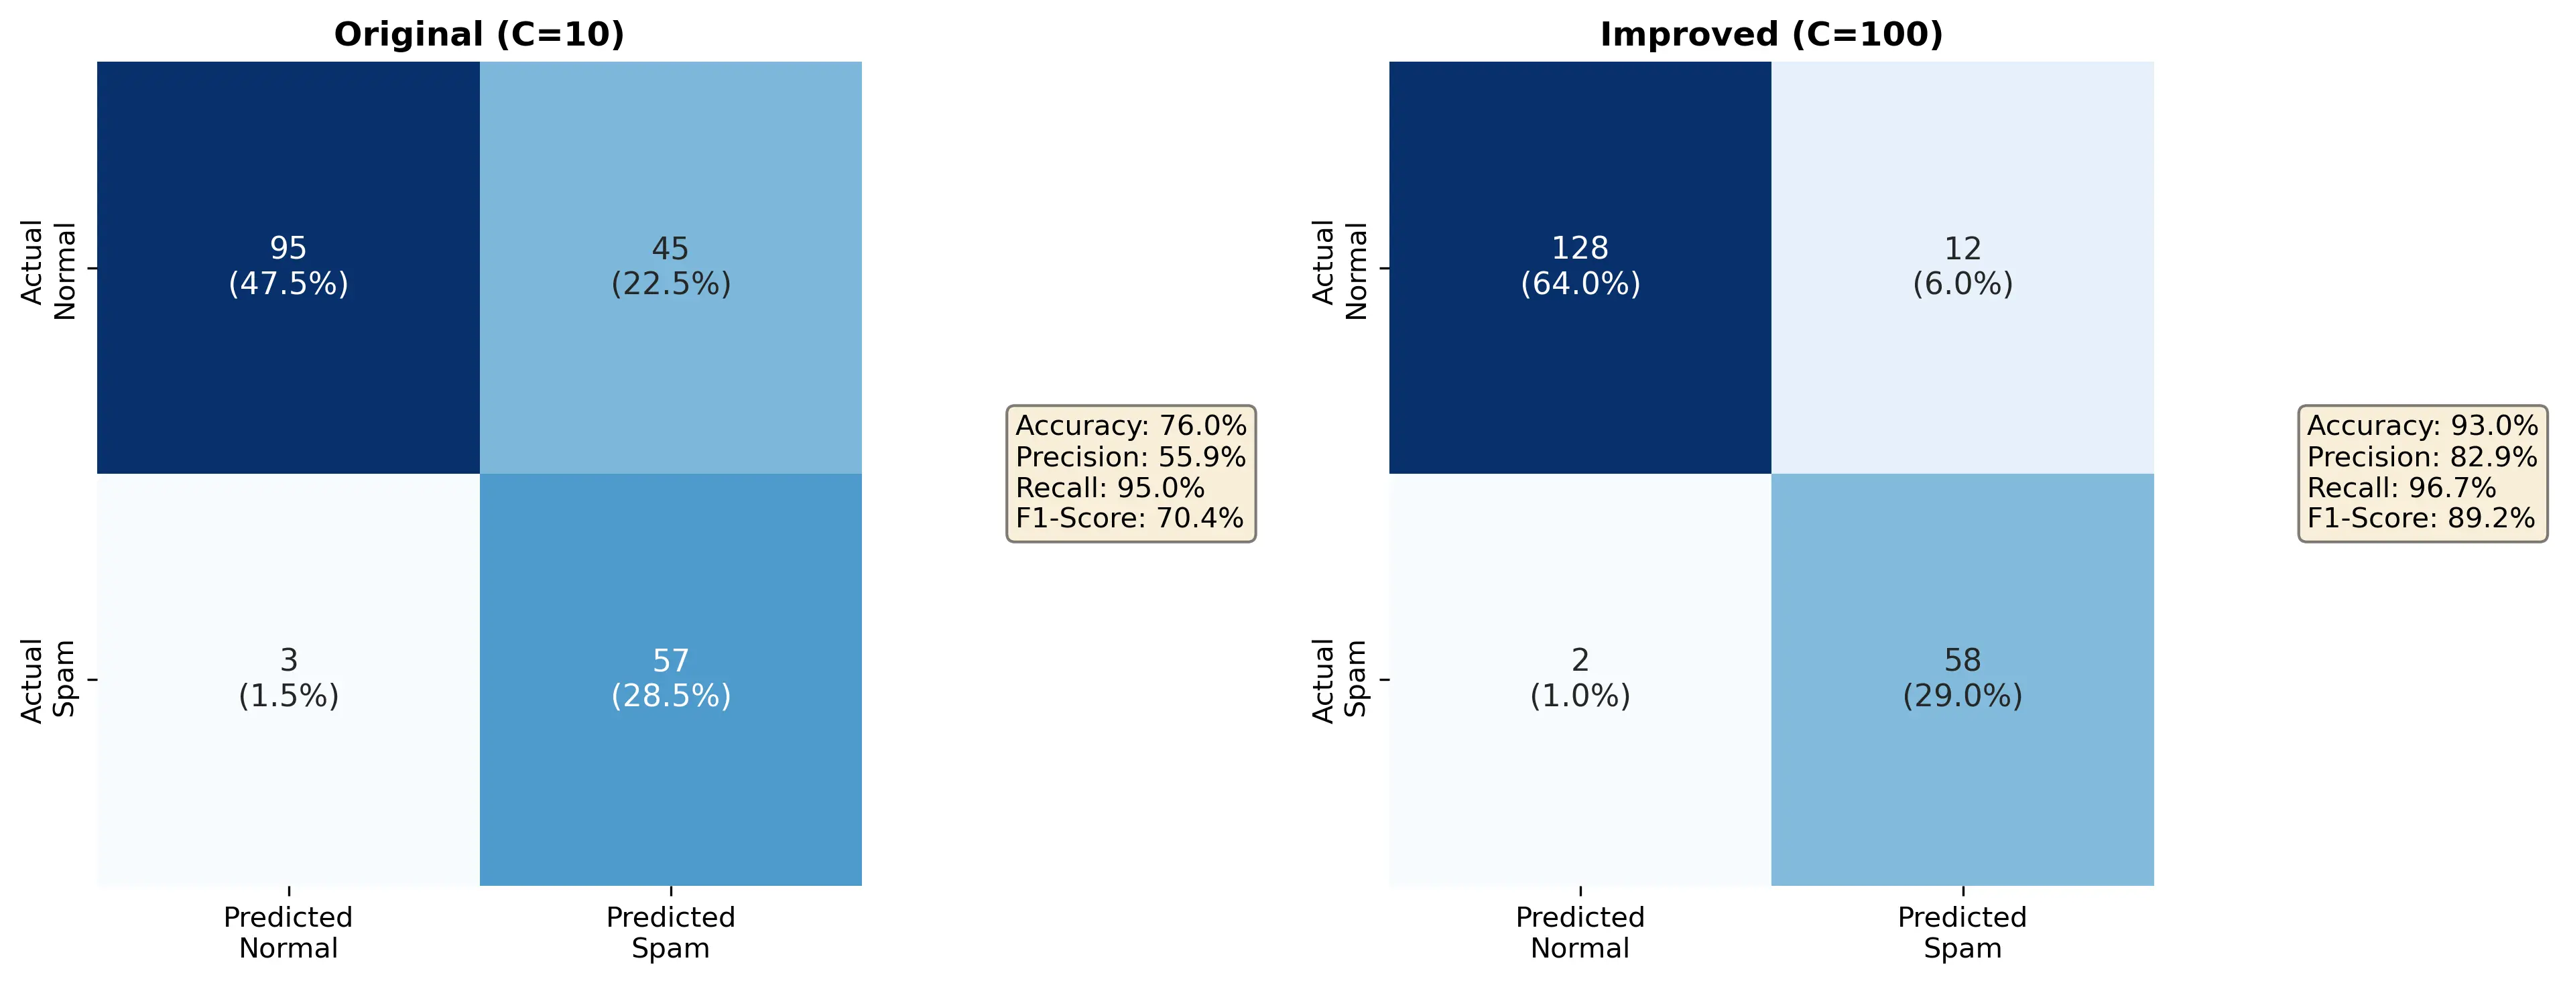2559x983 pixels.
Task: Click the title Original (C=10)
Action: (x=479, y=35)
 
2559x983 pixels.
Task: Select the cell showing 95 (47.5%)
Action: (x=288, y=266)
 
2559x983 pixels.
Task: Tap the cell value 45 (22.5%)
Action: (x=670, y=266)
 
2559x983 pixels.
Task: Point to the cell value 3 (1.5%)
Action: (x=288, y=678)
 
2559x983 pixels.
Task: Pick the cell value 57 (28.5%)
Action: (x=670, y=678)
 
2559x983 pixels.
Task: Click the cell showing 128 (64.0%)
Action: (x=1580, y=266)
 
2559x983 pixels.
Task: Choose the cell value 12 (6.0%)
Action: (x=1962, y=266)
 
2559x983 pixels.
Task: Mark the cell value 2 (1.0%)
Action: (x=1580, y=678)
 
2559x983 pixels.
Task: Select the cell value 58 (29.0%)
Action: (x=1962, y=678)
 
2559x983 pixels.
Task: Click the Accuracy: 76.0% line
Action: (x=1131, y=426)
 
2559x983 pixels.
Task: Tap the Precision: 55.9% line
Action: (x=1131, y=457)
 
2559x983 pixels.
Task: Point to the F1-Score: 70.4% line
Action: (x=1129, y=519)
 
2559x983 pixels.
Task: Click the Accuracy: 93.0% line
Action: (x=2422, y=426)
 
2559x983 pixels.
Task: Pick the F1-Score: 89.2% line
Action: (x=2421, y=519)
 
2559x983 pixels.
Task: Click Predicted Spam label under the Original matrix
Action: (x=670, y=932)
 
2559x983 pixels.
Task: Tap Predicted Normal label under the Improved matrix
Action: (x=1580, y=932)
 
